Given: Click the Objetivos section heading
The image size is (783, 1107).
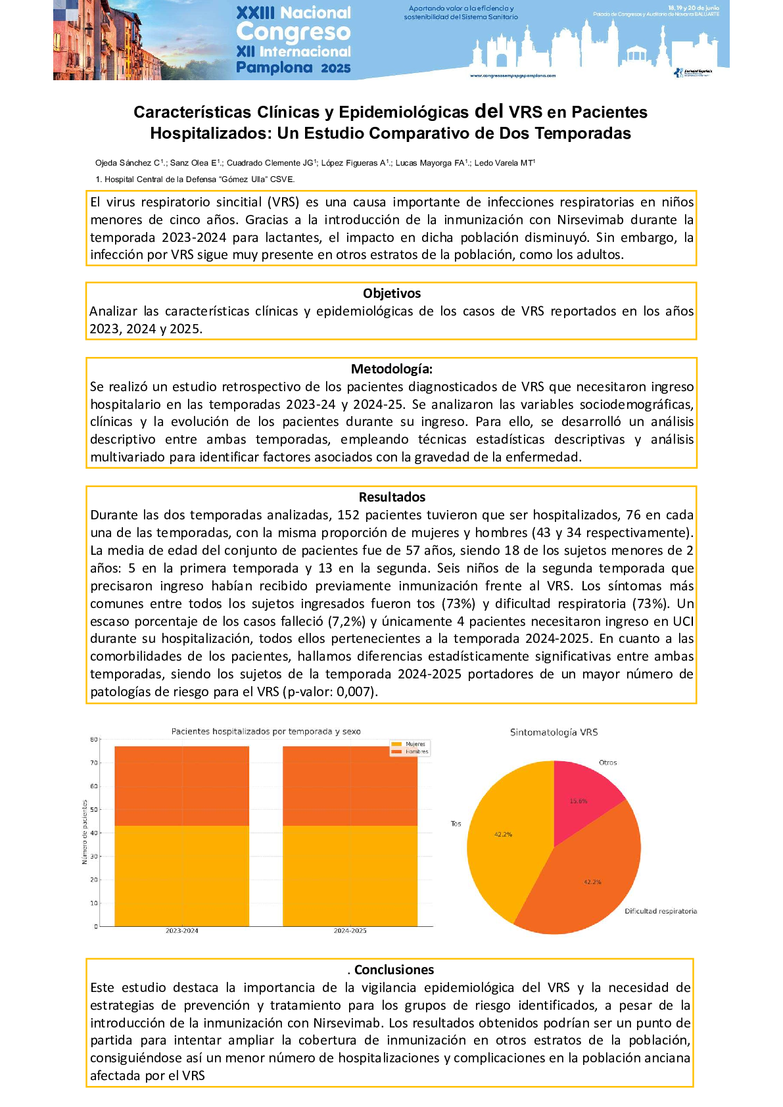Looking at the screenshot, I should point(391,293).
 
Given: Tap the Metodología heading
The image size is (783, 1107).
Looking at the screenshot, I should point(391,369).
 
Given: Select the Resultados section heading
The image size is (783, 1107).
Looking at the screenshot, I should point(392,497).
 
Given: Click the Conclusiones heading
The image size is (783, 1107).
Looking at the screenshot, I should point(394,970).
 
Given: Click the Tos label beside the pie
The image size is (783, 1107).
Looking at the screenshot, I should point(456,824).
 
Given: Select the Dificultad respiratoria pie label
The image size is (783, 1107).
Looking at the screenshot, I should point(660,911).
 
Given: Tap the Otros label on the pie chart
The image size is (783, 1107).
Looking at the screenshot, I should point(607,763).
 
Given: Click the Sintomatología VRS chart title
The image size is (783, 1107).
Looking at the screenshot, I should point(554,732).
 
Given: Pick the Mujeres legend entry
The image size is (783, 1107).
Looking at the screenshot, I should point(414,744).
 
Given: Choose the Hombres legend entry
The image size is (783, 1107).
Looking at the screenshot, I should point(415,751).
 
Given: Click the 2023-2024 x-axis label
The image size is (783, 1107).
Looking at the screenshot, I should point(181,931).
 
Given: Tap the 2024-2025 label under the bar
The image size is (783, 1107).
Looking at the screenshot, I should point(350,931).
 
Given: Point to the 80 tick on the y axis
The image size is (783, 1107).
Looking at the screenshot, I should point(94,740).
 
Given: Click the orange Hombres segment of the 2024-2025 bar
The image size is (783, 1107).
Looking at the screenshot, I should point(350,786).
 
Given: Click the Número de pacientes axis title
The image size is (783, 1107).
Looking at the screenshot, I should point(84,832).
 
